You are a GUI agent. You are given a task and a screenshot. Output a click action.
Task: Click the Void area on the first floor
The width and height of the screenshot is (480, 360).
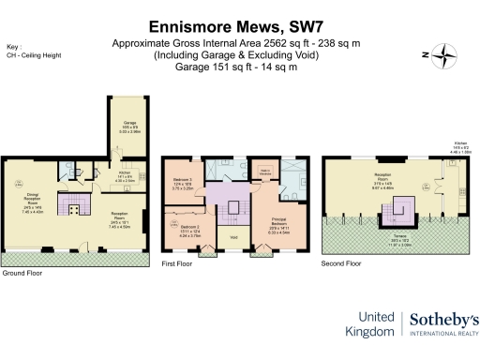coord(232,237)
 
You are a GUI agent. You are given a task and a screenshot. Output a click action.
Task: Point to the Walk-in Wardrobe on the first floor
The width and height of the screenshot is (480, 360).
coord(263,170)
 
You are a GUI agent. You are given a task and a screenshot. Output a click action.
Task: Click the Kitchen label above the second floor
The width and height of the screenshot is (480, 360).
coord(459,145)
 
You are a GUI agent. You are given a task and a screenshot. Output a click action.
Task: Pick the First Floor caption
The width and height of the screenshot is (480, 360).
coord(178,265)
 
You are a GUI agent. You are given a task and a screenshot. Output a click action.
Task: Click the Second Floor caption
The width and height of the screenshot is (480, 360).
coord(341,264)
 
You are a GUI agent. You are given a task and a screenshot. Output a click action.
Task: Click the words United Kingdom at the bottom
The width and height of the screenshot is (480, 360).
coord(372,324)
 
